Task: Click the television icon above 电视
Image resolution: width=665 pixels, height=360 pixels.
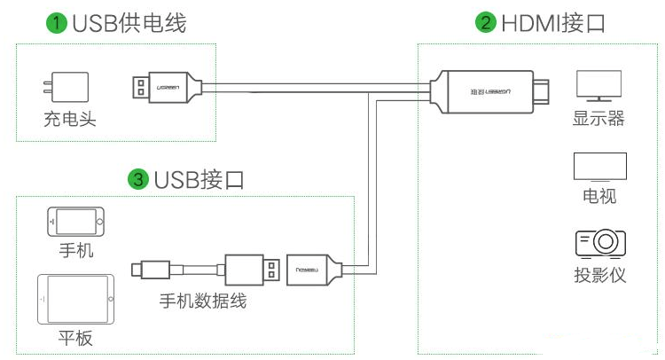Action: pos(600,167)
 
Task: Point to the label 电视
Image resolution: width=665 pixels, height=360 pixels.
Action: pos(600,197)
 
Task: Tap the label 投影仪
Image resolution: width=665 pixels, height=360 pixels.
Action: pos(600,275)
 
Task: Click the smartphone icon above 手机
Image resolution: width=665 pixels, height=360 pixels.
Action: pos(75,221)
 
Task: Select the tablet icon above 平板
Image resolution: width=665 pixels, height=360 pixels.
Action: pos(75,300)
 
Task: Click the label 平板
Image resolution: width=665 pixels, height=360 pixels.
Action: pos(75,339)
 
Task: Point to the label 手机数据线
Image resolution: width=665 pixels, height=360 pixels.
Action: pos(203,301)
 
